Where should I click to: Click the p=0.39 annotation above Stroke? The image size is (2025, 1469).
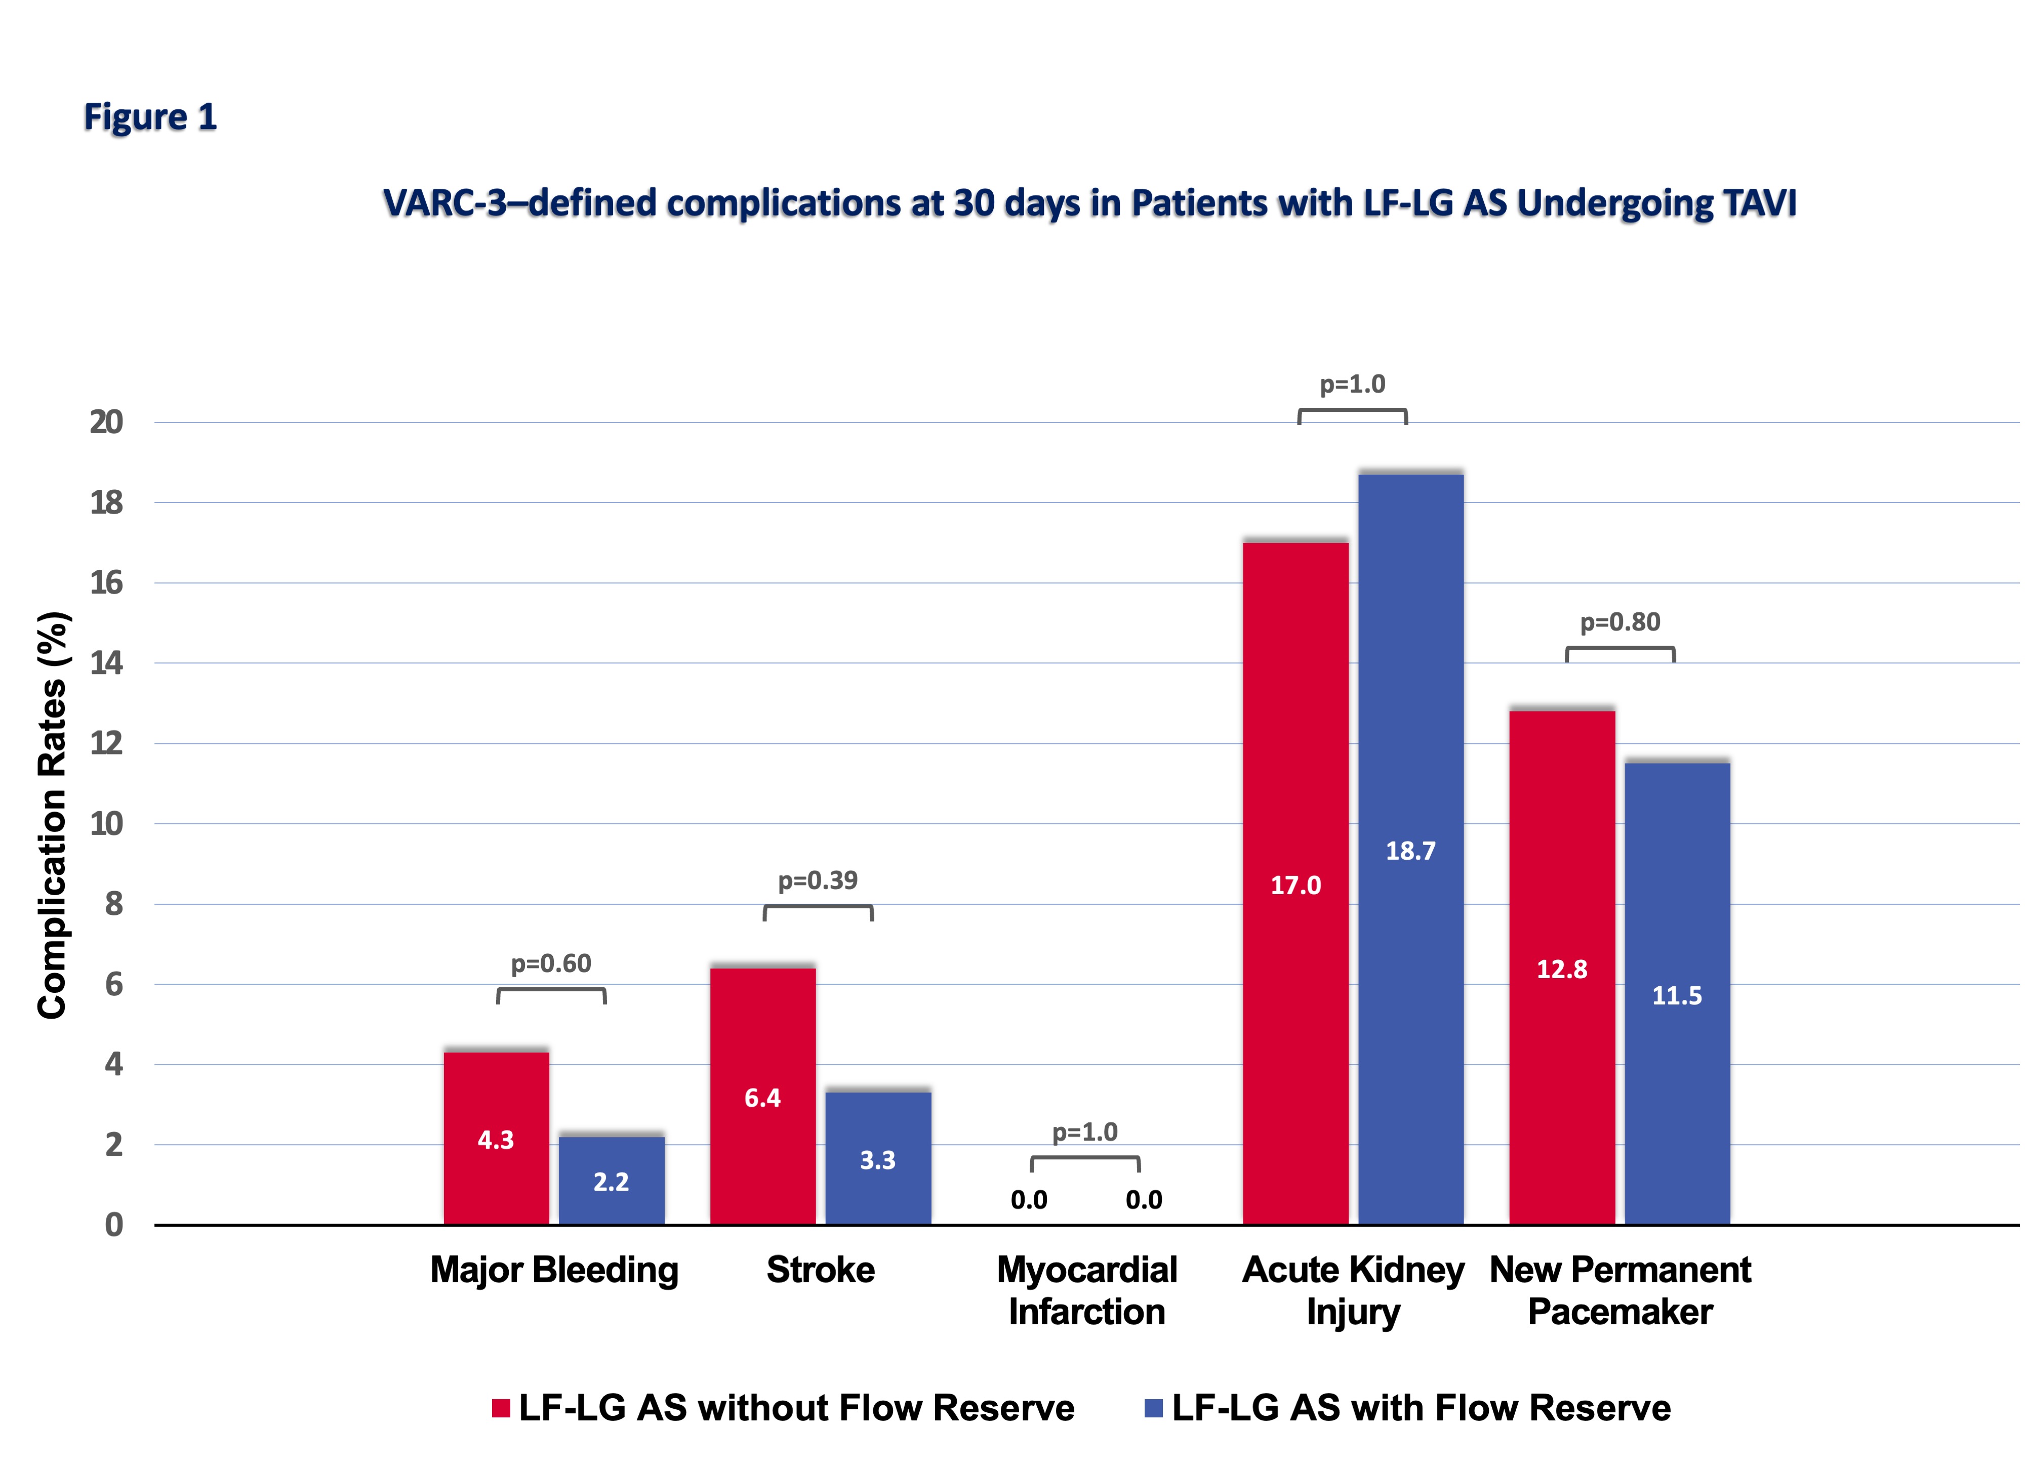click(818, 881)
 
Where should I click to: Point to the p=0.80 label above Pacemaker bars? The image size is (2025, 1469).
click(1619, 622)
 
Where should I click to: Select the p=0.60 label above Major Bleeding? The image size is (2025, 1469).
click(551, 964)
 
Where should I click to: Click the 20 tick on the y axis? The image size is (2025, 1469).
click(106, 422)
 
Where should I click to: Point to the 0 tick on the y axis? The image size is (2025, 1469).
click(113, 1225)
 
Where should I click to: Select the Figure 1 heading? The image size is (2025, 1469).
click(150, 117)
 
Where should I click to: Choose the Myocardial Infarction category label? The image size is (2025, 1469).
click(1086, 1290)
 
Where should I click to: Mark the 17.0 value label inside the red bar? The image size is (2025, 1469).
click(1295, 886)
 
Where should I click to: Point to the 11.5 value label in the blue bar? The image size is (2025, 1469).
click(1677, 996)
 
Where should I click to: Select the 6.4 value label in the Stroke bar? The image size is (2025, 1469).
click(762, 1098)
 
